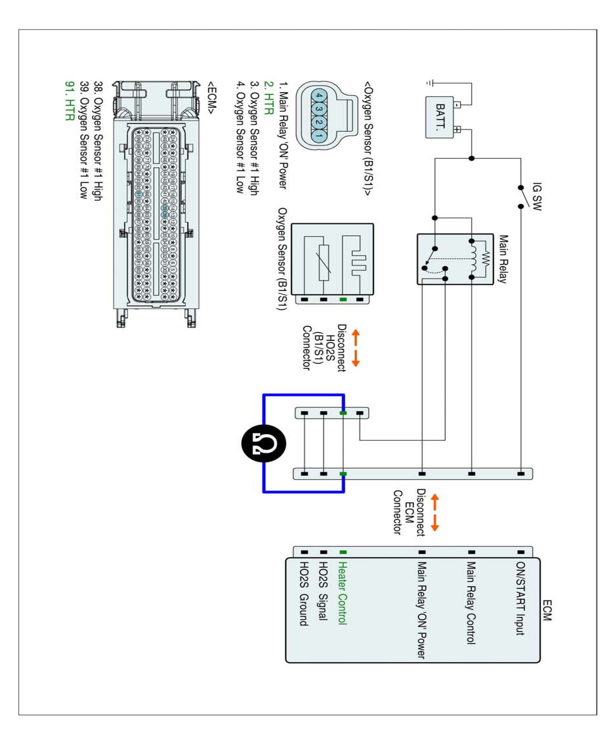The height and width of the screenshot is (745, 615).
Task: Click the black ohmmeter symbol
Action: coord(264,443)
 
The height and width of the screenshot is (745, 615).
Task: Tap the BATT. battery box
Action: coord(440,117)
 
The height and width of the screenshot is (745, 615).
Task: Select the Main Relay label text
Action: coord(503,259)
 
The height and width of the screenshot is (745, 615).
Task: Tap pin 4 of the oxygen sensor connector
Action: coord(319,95)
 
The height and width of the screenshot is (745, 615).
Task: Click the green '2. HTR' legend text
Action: coord(269,98)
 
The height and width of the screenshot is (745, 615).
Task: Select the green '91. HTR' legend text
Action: coord(70,101)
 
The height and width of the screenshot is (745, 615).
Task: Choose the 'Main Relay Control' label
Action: coord(470,603)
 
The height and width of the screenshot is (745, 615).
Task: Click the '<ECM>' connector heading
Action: coord(212,98)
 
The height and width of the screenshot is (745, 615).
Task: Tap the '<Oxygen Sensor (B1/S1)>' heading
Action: coord(368,139)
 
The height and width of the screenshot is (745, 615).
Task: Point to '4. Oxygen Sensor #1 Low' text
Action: coord(240,137)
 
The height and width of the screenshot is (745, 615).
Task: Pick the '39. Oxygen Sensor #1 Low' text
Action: coord(84,140)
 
